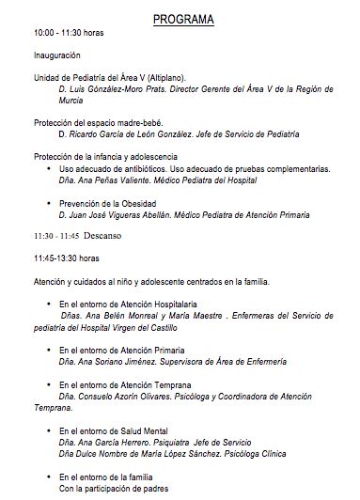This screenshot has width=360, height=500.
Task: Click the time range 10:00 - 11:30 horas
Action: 68,34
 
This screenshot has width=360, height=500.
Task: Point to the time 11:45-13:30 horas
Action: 68,258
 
